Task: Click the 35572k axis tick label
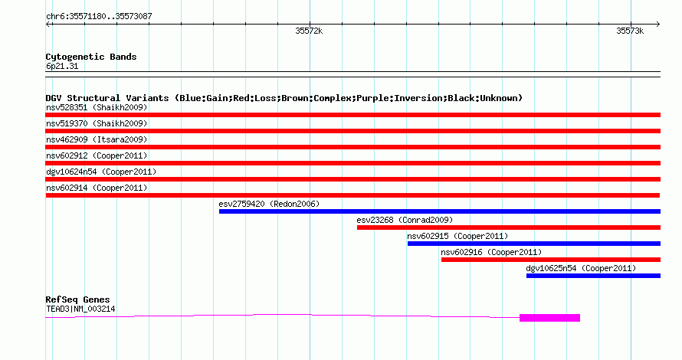click(309, 31)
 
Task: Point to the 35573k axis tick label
click(630, 31)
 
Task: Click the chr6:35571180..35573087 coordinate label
click(99, 16)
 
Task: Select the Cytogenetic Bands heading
click(91, 57)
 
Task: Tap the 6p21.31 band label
click(62, 66)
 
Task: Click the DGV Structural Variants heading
click(284, 98)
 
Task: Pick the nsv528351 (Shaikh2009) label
click(97, 107)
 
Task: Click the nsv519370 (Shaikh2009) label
click(97, 123)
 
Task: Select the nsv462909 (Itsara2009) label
click(97, 139)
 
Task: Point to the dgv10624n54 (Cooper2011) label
click(101, 172)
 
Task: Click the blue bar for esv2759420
click(440, 211)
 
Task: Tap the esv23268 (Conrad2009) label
click(405, 220)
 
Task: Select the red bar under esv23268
click(509, 227)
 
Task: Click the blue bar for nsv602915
click(534, 244)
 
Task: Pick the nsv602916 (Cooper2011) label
click(491, 252)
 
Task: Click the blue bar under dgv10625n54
click(593, 276)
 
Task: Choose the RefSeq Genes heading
click(77, 299)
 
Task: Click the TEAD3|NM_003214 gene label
click(80, 309)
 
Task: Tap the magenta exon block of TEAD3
click(549, 318)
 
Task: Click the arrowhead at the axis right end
click(658, 25)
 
